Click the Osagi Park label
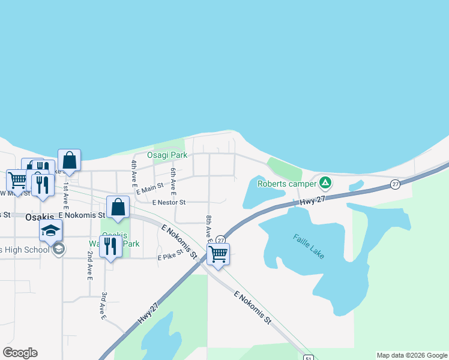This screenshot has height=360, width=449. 167,155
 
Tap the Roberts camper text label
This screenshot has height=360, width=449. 287,184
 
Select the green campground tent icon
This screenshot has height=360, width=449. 325,182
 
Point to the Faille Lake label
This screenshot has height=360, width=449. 309,246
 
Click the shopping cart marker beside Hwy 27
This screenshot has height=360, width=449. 218,254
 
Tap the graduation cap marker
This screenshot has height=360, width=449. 51,230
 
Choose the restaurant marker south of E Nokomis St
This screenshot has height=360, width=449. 110,246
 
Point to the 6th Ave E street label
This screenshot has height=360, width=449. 173,181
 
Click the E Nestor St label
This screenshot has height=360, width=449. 169,202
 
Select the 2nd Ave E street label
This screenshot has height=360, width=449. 89,266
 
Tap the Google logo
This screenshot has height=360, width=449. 20,353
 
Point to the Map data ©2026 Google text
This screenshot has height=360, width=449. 412,355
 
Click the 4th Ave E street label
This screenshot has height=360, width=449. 134,172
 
